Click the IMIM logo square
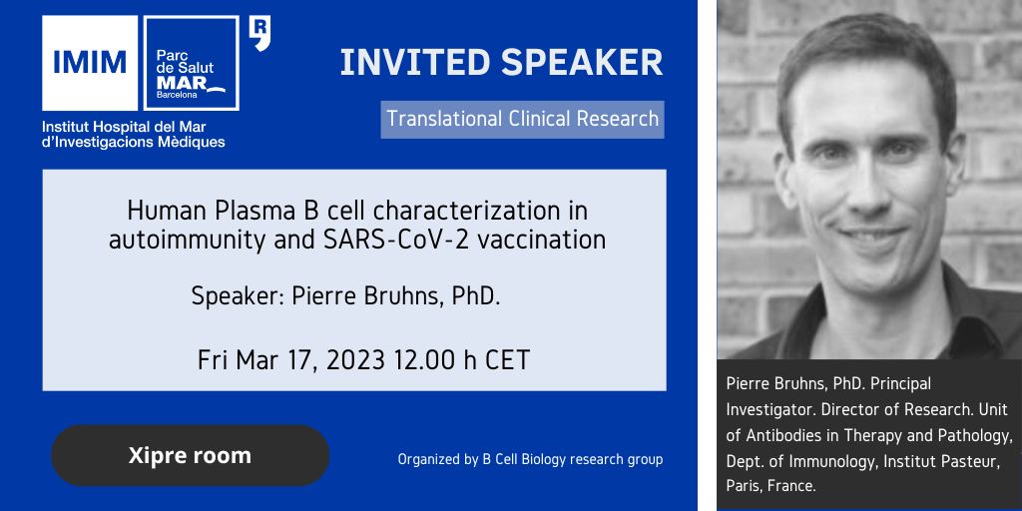[x=90, y=63]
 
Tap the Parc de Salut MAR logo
[x=191, y=63]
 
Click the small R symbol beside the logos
[x=260, y=34]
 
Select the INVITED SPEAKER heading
[x=501, y=63]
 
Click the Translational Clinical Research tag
[x=523, y=120]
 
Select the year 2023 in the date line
[x=356, y=360]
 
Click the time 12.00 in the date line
[x=423, y=360]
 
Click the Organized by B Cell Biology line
[x=531, y=459]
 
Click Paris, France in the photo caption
[x=771, y=487]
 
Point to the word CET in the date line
[x=508, y=360]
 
